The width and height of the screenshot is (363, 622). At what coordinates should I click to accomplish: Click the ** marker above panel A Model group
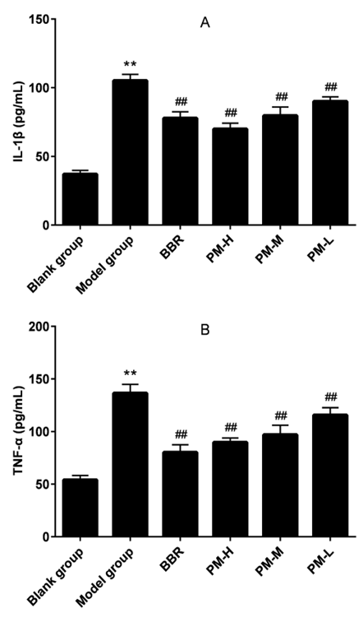point(130,64)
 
